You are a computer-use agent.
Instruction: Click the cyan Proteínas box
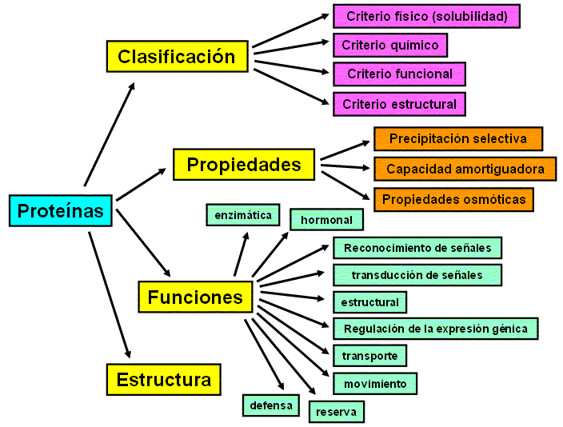tap(61, 210)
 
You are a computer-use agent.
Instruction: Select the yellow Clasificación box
tap(178, 57)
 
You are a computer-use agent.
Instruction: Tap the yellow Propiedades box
tap(244, 165)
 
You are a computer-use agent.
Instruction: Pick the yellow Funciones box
tap(195, 297)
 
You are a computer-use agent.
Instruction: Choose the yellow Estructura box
tap(164, 380)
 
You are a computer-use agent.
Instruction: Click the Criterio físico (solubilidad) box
tap(426, 16)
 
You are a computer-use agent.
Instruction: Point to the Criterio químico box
tap(390, 46)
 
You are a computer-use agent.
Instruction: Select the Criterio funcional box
tap(399, 74)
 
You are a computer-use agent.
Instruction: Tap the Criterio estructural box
tap(399, 104)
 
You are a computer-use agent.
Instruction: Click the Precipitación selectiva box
tap(458, 138)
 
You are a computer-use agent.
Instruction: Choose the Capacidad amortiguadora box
tap(465, 169)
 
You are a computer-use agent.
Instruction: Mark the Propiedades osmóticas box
tap(453, 199)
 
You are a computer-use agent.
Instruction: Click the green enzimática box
tap(243, 215)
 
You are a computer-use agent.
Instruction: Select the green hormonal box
tap(327, 219)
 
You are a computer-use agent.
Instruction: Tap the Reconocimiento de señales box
tap(417, 248)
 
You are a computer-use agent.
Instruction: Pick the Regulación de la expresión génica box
tap(436, 329)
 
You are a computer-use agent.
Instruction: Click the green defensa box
tap(271, 405)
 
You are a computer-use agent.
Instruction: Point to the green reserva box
tap(337, 412)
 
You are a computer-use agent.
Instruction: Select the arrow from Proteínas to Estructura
tap(109, 295)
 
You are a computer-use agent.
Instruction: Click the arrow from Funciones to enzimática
tap(242, 254)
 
